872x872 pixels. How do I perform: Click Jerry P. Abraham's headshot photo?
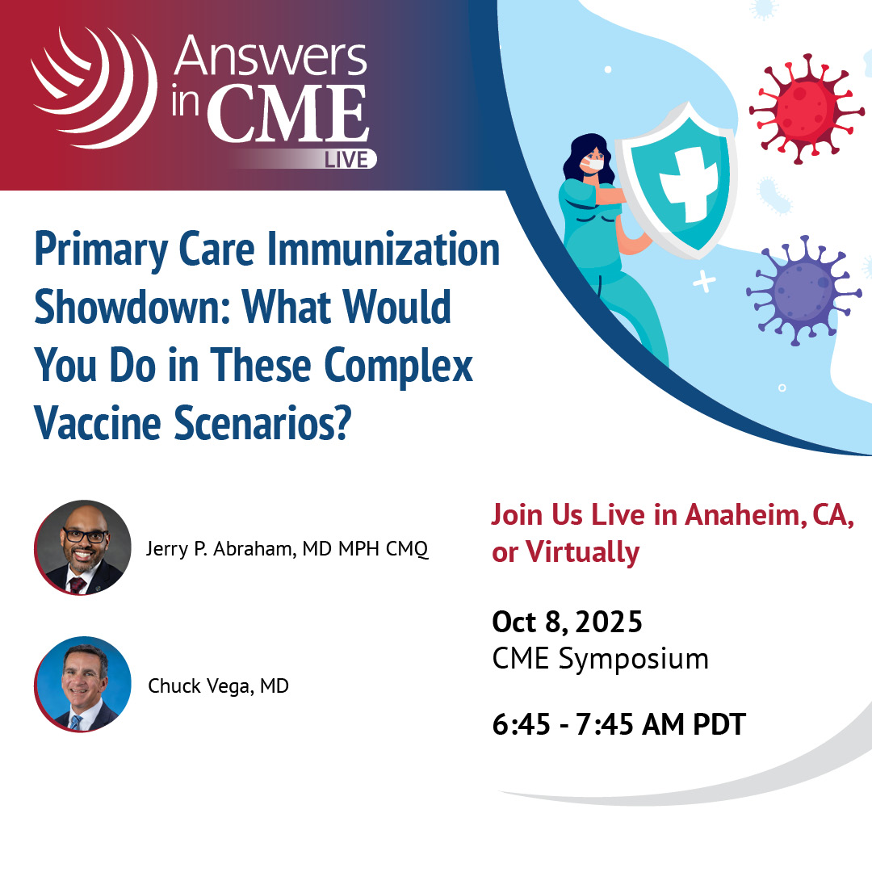coord(83,548)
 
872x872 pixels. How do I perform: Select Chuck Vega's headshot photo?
coord(83,685)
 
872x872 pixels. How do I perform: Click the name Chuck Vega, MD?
coord(218,686)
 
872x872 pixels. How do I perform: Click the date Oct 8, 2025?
coord(567,623)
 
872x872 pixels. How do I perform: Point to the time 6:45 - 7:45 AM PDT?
coord(618,724)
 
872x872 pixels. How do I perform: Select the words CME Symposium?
coord(600,659)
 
